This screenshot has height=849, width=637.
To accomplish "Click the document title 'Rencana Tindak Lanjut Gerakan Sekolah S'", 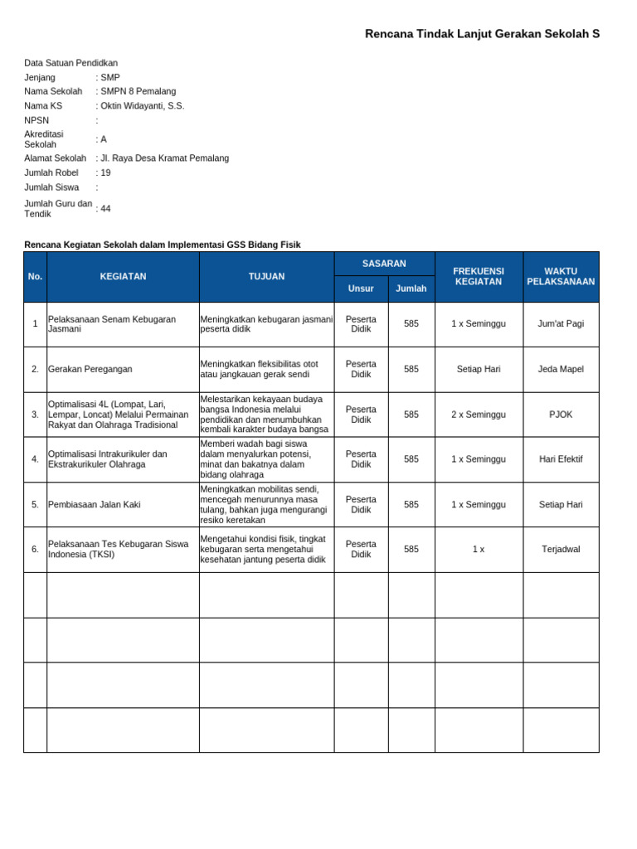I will (x=482, y=34).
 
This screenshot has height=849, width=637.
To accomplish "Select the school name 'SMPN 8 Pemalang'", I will (x=138, y=91).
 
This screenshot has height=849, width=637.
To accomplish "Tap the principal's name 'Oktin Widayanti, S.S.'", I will (x=142, y=106).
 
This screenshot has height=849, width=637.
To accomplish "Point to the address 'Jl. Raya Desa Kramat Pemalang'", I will (x=164, y=158).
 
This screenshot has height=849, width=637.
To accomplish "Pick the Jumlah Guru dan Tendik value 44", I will (x=105, y=208).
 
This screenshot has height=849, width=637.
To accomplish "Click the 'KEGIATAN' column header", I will (x=123, y=277).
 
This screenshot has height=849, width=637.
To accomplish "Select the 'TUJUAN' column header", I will (x=266, y=277).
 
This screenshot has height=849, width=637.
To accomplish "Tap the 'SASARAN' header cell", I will (x=384, y=264).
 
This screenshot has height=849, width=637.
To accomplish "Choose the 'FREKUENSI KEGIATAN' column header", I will (x=479, y=277).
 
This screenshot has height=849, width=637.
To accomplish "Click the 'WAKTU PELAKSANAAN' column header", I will (x=561, y=277).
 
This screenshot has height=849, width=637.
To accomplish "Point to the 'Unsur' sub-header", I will (x=361, y=289).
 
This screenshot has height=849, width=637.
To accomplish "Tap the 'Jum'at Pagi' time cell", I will (x=561, y=324).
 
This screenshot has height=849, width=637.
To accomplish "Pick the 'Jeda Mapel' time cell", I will (x=561, y=369).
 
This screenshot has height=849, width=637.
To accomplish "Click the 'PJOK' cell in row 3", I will (x=561, y=415).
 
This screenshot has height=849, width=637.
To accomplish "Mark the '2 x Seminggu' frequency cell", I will (x=479, y=415).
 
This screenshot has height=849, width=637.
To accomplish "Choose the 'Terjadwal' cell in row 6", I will (x=561, y=549).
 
